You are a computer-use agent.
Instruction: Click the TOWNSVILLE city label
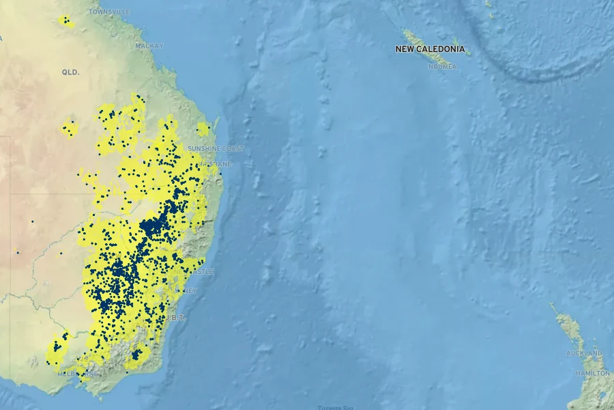[x=109, y=12]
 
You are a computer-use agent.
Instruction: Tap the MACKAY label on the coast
[x=149, y=46]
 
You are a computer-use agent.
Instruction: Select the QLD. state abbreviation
[x=71, y=72]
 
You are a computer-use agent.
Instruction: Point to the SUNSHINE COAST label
[x=216, y=149]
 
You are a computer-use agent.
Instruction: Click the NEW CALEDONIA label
[x=430, y=49]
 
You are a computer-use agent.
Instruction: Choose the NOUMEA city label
[x=442, y=66]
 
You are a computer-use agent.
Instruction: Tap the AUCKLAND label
[x=584, y=353]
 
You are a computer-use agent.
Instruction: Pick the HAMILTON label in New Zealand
[x=592, y=374]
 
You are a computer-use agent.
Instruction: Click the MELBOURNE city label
[x=78, y=374]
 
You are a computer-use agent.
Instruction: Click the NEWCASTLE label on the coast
[x=194, y=272]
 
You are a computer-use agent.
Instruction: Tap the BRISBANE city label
[x=218, y=165]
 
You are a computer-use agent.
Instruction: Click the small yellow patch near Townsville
[x=65, y=21]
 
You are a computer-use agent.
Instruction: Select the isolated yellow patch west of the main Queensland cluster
[x=70, y=128]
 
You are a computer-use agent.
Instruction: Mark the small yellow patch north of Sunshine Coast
[x=203, y=128]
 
